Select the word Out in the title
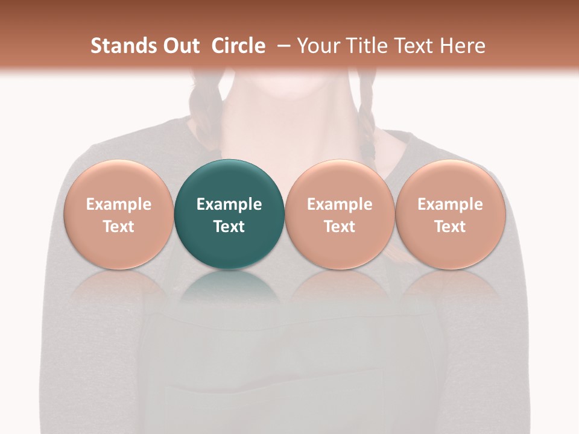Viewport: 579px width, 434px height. point(180,46)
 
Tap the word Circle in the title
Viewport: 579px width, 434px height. point(238,46)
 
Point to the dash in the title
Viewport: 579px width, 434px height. point(281,46)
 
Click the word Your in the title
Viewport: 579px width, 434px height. point(317,46)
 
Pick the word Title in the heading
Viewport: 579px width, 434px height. point(364,46)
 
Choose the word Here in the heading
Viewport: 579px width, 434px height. point(462,46)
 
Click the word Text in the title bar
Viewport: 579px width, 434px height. point(413,46)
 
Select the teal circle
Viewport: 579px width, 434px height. point(229,214)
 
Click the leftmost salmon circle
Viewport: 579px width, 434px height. point(118,214)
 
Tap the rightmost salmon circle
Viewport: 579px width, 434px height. point(450,214)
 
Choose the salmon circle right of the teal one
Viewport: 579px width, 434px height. point(340,214)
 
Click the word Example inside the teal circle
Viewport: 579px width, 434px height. point(229,204)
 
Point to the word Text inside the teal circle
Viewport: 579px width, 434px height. point(229,227)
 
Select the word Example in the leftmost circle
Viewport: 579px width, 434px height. point(118,204)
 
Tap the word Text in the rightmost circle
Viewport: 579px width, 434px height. point(450,227)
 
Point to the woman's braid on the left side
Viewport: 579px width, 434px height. point(202,102)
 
